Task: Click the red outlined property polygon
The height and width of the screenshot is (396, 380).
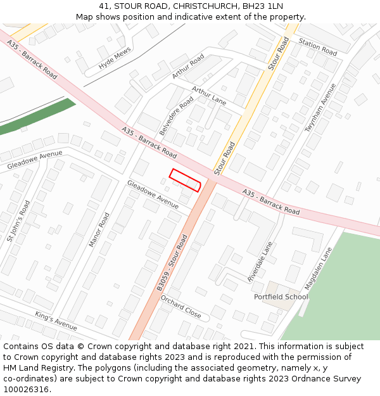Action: click(x=185, y=180)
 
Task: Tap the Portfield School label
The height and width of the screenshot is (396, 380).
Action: click(x=281, y=297)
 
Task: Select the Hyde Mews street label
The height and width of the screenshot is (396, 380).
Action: click(x=115, y=58)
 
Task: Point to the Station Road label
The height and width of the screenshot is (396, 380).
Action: click(x=318, y=48)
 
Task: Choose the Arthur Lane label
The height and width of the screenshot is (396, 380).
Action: click(x=209, y=96)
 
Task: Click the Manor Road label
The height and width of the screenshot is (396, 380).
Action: click(x=99, y=229)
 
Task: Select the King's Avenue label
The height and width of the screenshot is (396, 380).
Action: click(x=56, y=321)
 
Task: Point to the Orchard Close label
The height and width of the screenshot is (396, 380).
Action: click(x=180, y=307)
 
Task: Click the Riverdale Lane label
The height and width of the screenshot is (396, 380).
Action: click(x=260, y=261)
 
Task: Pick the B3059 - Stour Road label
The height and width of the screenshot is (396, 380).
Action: click(x=173, y=264)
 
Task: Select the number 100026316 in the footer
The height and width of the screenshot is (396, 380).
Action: click(x=26, y=389)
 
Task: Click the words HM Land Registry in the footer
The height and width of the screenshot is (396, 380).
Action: click(x=32, y=367)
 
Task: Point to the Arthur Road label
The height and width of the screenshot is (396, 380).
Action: click(x=188, y=67)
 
